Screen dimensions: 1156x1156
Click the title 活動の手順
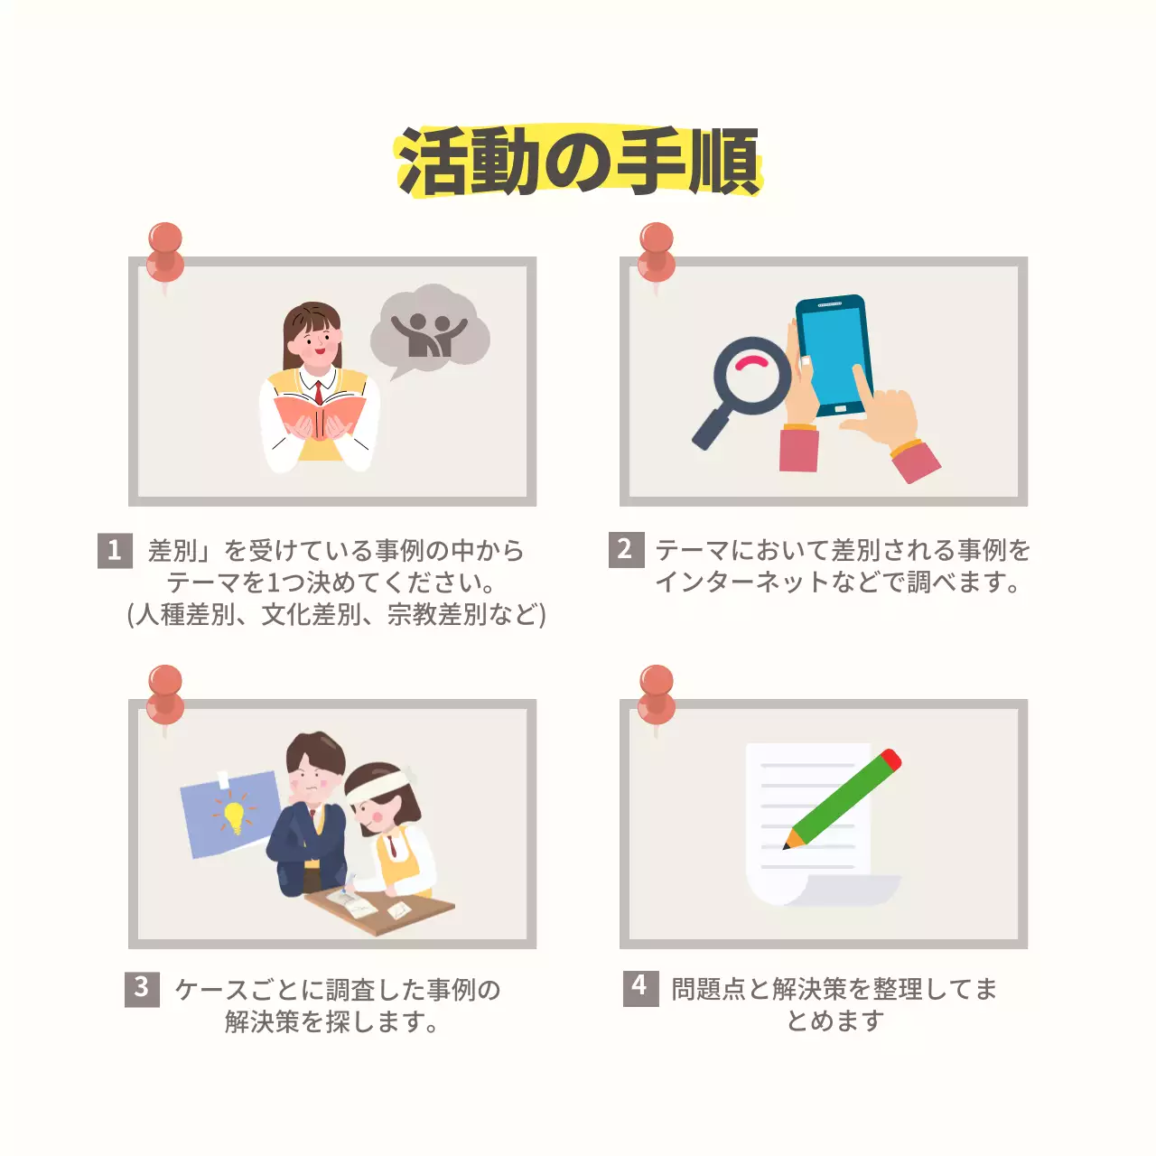tap(578, 162)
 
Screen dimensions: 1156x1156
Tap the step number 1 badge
tap(115, 550)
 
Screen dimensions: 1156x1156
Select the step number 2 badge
tap(626, 549)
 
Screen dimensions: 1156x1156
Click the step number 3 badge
tap(142, 988)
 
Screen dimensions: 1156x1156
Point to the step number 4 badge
tap(640, 986)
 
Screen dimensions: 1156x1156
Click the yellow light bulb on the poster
tap(234, 816)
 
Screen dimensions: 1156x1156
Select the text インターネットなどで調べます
tap(838, 582)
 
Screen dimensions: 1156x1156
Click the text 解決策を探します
tap(332, 1021)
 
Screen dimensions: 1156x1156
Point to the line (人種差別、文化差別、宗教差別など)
tap(336, 615)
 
